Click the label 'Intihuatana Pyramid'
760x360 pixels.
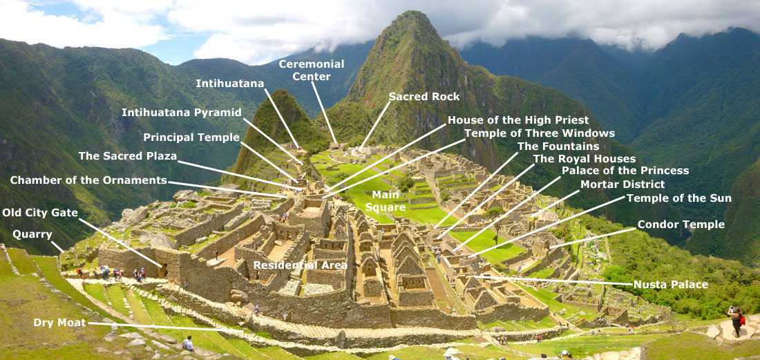pyautogui.click(x=182, y=112)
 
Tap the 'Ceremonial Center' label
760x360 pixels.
pyautogui.click(x=312, y=70)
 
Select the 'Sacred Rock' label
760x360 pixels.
pyautogui.click(x=424, y=96)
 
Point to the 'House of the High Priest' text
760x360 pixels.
pyautogui.click(x=518, y=120)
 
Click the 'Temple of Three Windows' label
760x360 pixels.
pyautogui.click(x=539, y=133)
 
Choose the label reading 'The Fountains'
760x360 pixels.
pyautogui.click(x=558, y=146)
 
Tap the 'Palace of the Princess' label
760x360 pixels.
pyautogui.click(x=625, y=171)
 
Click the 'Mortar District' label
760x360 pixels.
pyautogui.click(x=623, y=184)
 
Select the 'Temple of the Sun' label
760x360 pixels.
pyautogui.click(x=678, y=198)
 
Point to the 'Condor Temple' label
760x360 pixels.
pyautogui.click(x=681, y=225)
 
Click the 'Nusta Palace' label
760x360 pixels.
pyautogui.click(x=670, y=284)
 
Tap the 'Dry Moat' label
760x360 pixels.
pyautogui.click(x=60, y=323)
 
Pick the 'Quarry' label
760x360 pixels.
pyautogui.click(x=32, y=234)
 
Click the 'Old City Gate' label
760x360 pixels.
pyautogui.click(x=40, y=212)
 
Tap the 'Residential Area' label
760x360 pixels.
pyautogui.click(x=300, y=265)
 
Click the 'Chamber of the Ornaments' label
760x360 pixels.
pyautogui.click(x=88, y=180)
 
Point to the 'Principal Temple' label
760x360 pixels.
pyautogui.click(x=191, y=137)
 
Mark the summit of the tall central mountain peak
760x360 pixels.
pyautogui.click(x=413, y=14)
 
